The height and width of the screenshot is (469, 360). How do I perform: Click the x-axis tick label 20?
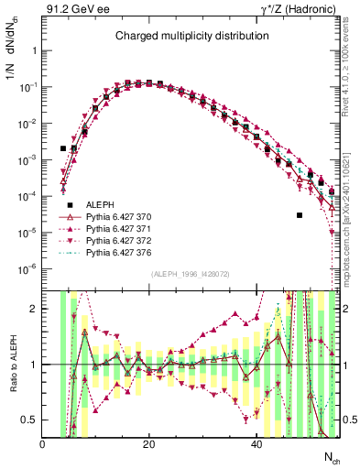(x=148, y=444)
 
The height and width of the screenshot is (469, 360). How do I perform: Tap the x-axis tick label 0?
(x=42, y=444)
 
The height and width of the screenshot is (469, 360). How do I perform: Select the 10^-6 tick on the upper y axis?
(x=27, y=268)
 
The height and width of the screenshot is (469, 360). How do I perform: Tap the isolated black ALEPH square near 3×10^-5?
(x=299, y=215)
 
